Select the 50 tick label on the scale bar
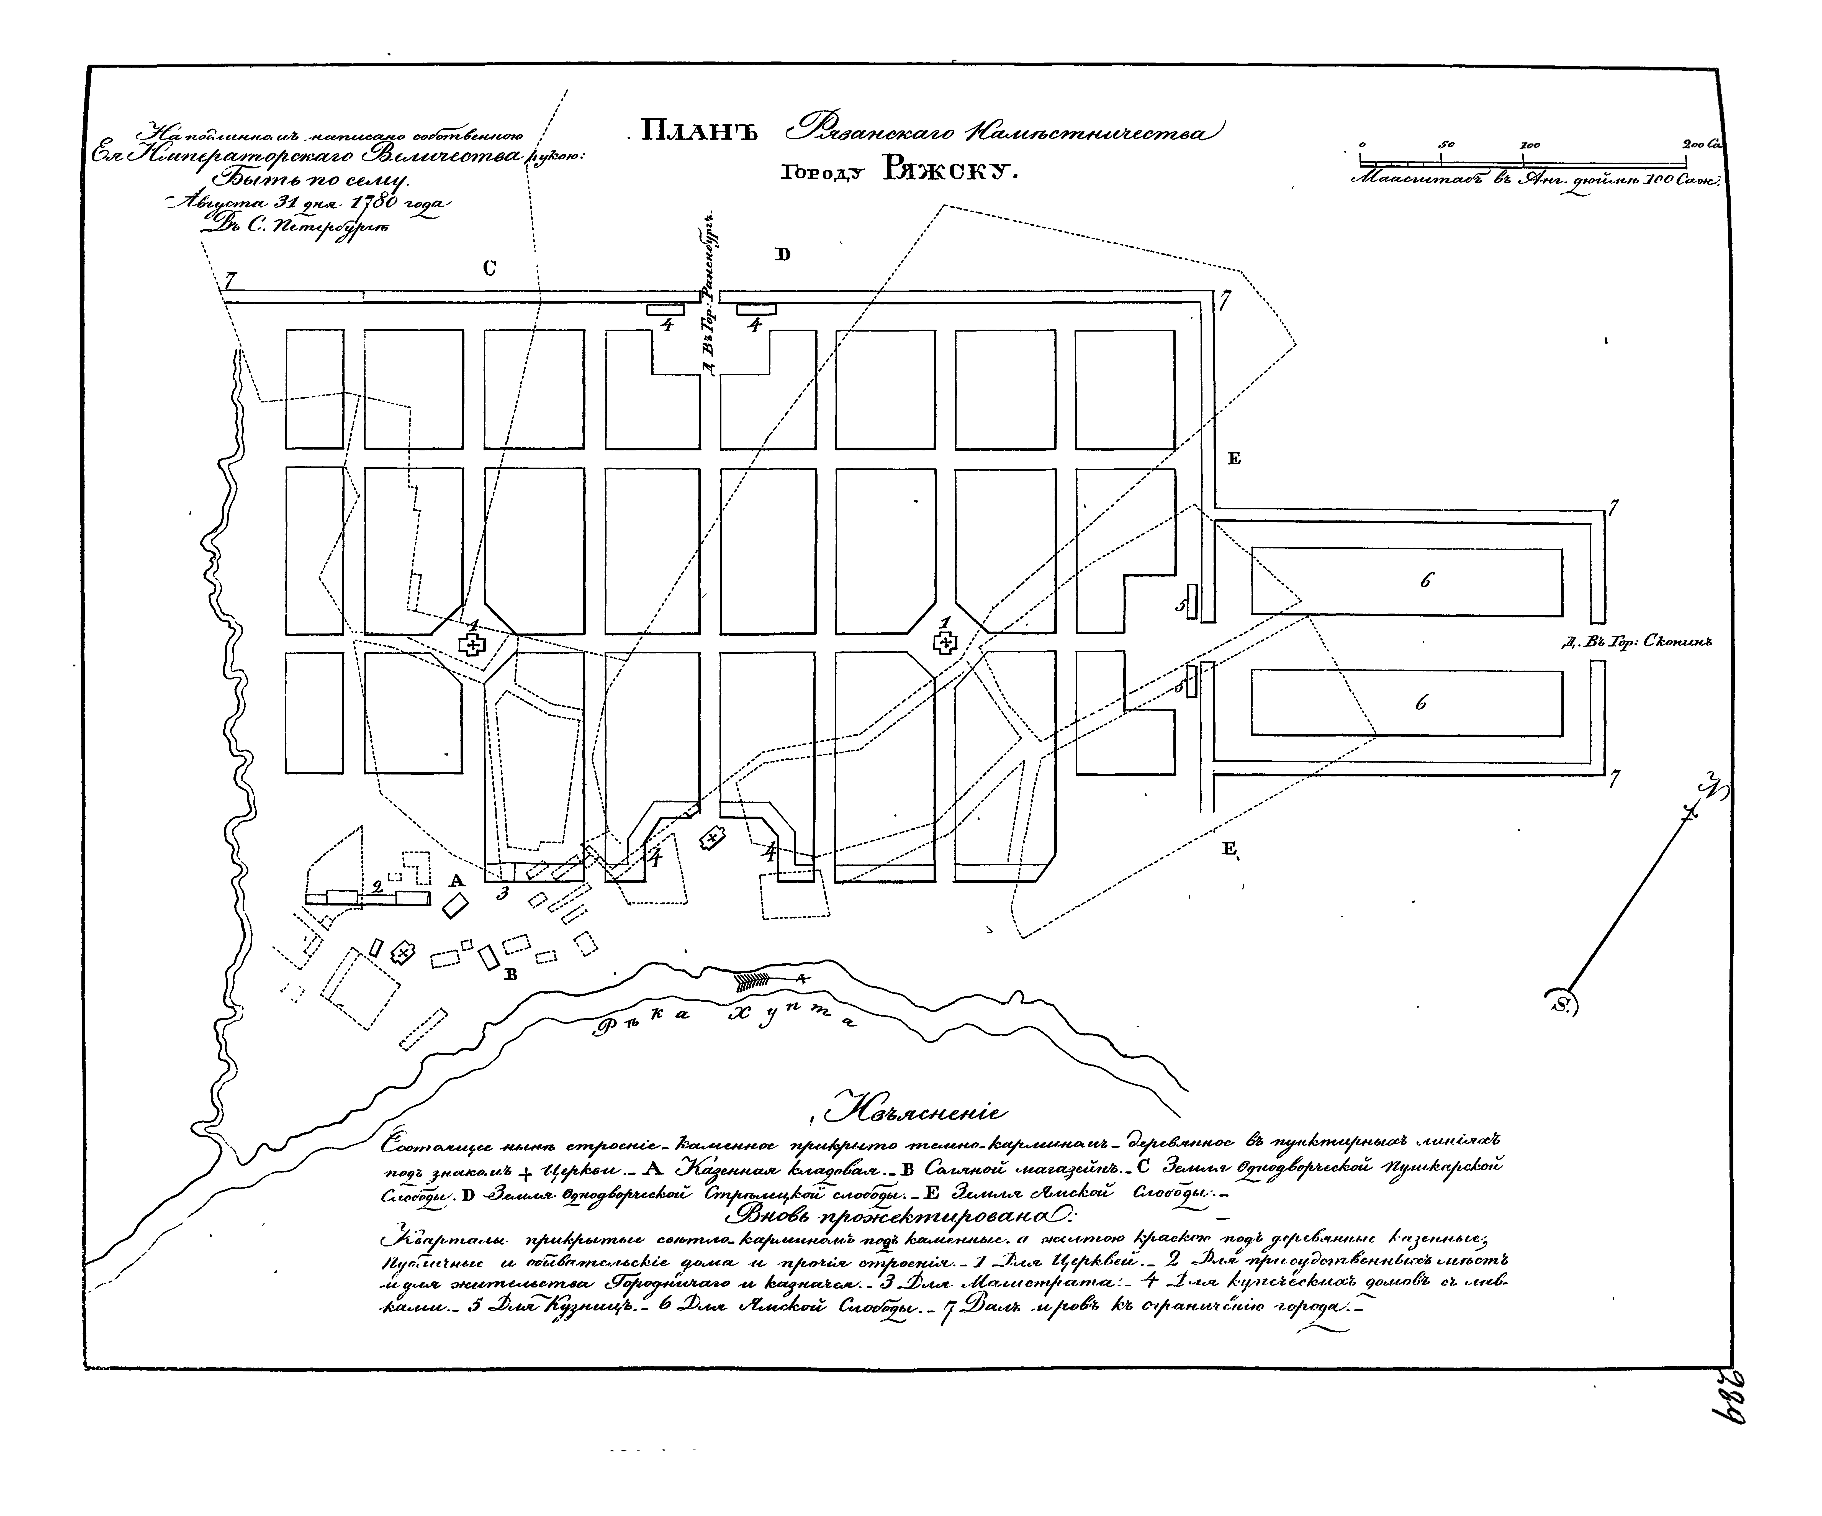[x=1446, y=144]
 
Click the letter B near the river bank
[x=511, y=974]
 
